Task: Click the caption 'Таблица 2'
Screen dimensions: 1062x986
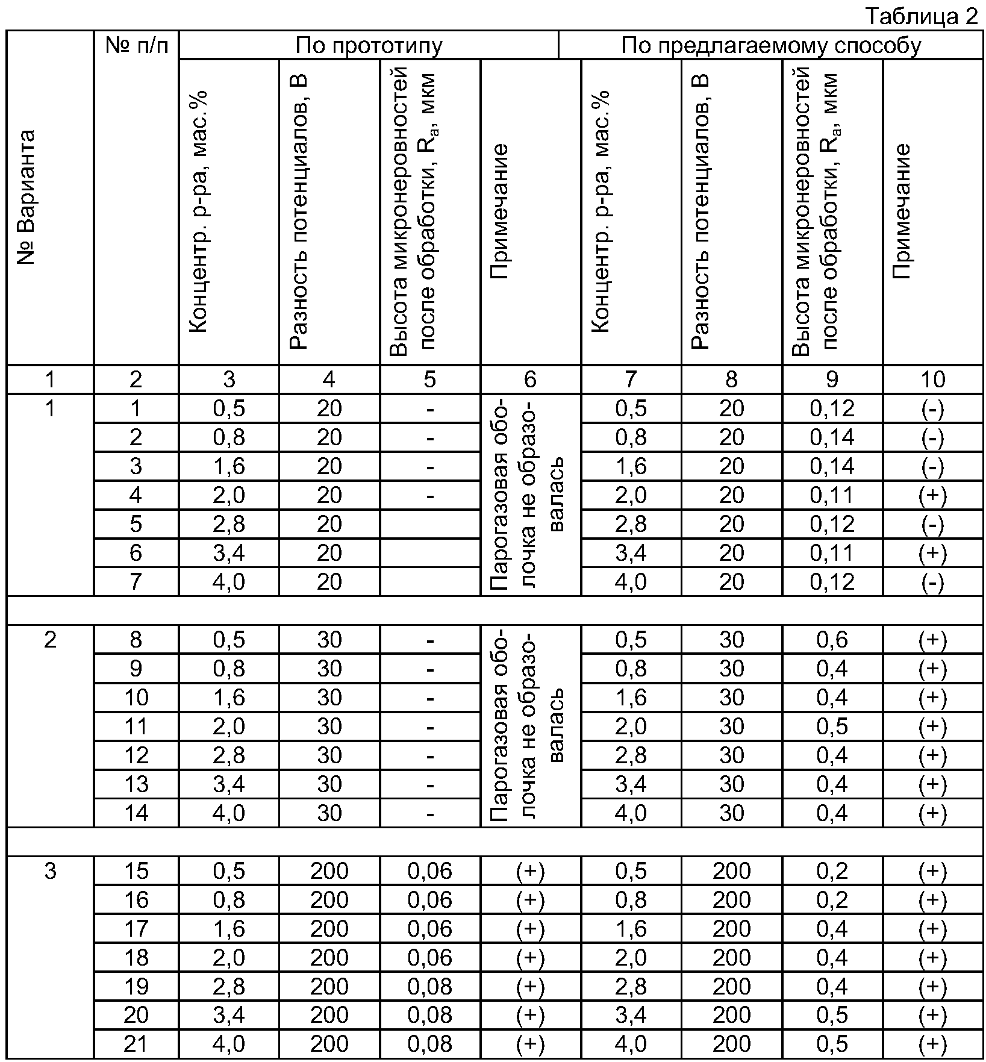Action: tap(922, 16)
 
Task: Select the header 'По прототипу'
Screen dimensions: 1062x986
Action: tap(369, 45)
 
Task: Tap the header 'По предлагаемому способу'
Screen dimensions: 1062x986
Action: tap(771, 45)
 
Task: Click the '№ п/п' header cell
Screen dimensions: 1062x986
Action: tap(136, 45)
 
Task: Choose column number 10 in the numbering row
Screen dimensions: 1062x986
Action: tap(932, 380)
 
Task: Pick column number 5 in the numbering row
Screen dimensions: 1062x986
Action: tap(429, 380)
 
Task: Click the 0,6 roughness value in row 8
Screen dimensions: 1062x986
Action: tap(832, 640)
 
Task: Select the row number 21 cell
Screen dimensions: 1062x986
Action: tap(136, 1045)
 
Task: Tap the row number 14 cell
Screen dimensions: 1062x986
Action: tap(136, 813)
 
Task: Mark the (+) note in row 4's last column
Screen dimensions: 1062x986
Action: tap(932, 496)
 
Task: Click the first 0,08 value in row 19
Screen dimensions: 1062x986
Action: tap(429, 987)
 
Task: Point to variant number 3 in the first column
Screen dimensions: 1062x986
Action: tap(51, 871)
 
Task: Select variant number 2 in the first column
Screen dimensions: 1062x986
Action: tap(51, 640)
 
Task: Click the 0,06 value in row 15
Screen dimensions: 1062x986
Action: tap(429, 871)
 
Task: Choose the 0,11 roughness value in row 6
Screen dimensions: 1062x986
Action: tap(832, 553)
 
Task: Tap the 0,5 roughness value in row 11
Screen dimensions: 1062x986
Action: tap(832, 726)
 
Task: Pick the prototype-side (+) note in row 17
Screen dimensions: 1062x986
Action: tap(530, 929)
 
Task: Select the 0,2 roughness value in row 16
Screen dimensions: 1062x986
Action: tap(832, 900)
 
